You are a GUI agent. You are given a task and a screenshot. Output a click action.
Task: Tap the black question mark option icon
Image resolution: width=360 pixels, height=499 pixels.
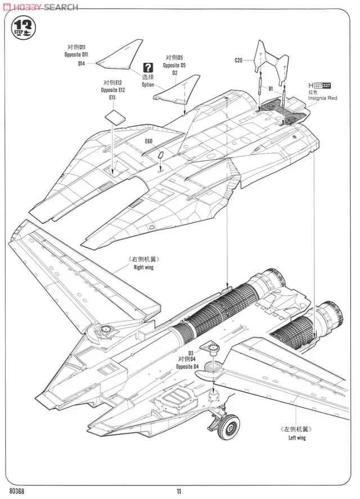click(148, 66)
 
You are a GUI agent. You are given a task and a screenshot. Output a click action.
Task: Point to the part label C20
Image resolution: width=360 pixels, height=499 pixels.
click(238, 60)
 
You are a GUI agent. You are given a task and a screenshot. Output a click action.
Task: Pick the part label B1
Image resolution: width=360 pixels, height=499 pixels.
click(270, 88)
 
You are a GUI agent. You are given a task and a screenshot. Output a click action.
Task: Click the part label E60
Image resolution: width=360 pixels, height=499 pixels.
click(148, 141)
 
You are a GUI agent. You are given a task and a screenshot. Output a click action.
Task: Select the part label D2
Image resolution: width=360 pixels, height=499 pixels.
click(175, 73)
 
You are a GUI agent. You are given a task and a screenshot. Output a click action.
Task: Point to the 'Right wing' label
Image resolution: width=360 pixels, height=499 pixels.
click(143, 267)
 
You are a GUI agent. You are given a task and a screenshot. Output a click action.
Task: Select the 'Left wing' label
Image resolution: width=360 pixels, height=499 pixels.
click(296, 438)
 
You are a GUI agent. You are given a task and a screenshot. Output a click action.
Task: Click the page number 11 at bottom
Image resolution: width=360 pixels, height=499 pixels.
click(179, 491)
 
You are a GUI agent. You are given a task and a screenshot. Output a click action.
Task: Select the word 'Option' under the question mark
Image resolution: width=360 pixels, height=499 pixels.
click(147, 85)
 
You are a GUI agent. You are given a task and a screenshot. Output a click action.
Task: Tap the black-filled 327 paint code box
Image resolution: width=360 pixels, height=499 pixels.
click(326, 85)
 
